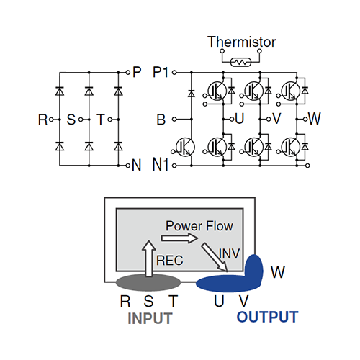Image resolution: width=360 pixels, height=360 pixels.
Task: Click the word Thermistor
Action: (x=241, y=42)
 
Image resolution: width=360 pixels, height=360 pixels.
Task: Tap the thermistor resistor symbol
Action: (x=240, y=63)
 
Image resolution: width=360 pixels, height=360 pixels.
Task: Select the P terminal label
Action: (x=137, y=72)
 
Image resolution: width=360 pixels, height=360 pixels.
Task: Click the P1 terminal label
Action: (x=161, y=72)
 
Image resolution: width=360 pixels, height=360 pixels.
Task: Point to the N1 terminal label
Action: (x=161, y=165)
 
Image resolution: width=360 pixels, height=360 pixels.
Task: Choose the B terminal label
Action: (x=161, y=120)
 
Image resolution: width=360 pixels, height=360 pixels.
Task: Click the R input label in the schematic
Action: (x=42, y=120)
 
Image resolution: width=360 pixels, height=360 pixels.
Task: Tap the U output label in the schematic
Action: (x=240, y=119)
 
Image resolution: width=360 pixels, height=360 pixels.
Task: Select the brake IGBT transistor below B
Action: (x=185, y=147)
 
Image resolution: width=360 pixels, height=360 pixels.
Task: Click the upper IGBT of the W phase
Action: (x=291, y=91)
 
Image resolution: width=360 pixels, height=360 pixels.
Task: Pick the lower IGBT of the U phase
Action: (x=217, y=147)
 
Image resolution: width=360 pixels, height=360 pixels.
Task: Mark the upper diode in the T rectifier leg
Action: (x=118, y=91)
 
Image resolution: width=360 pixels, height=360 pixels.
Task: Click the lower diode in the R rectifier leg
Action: (x=60, y=146)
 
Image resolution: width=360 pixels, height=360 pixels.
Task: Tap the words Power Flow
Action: (x=199, y=226)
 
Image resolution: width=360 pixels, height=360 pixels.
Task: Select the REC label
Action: (x=170, y=261)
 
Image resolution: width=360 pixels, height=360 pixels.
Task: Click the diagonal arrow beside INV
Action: (x=215, y=257)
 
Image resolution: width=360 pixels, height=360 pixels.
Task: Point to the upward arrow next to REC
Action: (x=149, y=258)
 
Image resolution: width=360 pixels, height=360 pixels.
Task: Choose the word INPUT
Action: (x=150, y=318)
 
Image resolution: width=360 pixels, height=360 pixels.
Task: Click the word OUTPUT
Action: (x=267, y=317)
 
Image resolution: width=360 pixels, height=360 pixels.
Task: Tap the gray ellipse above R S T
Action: (x=148, y=282)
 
